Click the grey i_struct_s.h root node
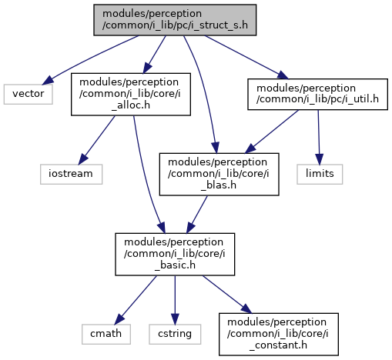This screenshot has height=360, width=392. click(x=175, y=20)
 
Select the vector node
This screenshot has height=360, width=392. click(x=28, y=94)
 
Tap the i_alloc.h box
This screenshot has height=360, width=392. click(x=131, y=95)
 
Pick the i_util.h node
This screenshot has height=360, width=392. click(x=317, y=95)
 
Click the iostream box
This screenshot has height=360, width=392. click(x=71, y=174)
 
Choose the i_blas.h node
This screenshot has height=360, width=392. click(x=219, y=175)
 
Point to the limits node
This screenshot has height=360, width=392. click(x=320, y=174)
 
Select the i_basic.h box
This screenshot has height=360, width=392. click(x=175, y=255)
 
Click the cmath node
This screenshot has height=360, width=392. click(x=106, y=334)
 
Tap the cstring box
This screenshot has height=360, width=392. click(x=175, y=334)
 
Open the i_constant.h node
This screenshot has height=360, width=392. click(x=279, y=334)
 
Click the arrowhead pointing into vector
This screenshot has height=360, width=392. click(x=48, y=81)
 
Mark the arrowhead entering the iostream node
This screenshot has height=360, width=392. click(x=82, y=159)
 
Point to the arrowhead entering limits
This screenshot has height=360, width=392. click(x=319, y=159)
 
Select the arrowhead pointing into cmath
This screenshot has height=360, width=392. click(x=119, y=319)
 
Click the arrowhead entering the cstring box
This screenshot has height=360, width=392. click(x=175, y=319)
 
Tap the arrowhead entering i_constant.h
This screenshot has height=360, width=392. click(x=246, y=309)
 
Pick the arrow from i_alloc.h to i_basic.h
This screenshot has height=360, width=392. click(x=146, y=175)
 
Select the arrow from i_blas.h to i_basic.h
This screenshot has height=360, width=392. click(x=197, y=215)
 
